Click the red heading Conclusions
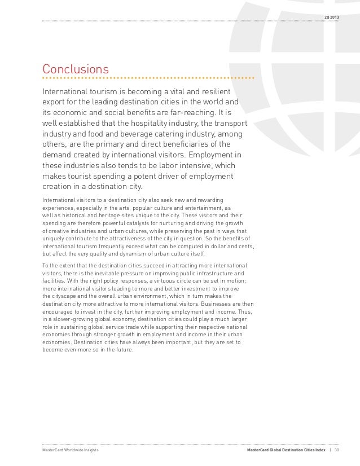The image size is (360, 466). [76, 69]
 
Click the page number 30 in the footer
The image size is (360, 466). [337, 450]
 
